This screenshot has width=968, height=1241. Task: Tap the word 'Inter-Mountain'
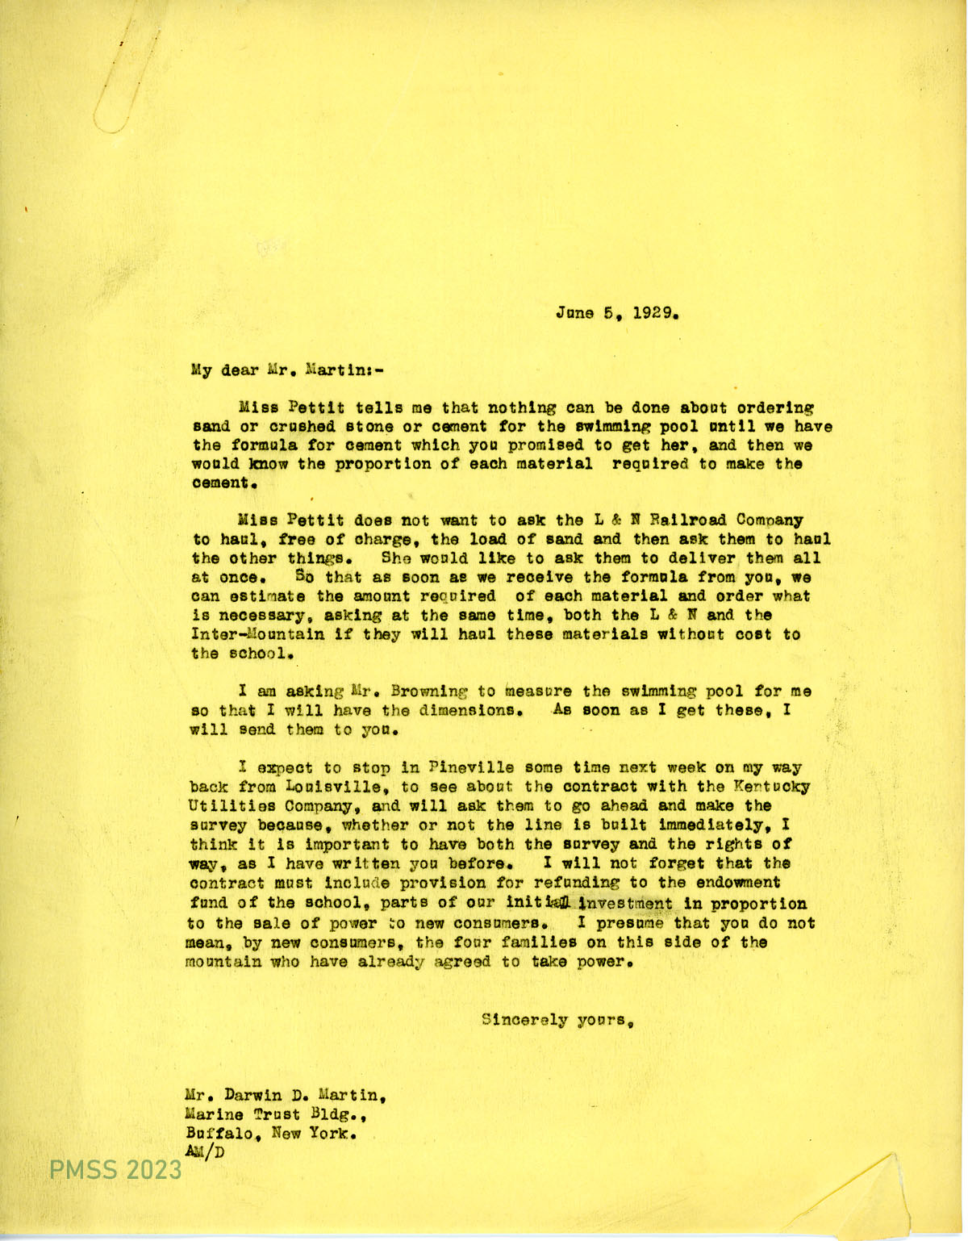click(242, 634)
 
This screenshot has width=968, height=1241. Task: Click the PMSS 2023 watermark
click(117, 1170)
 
